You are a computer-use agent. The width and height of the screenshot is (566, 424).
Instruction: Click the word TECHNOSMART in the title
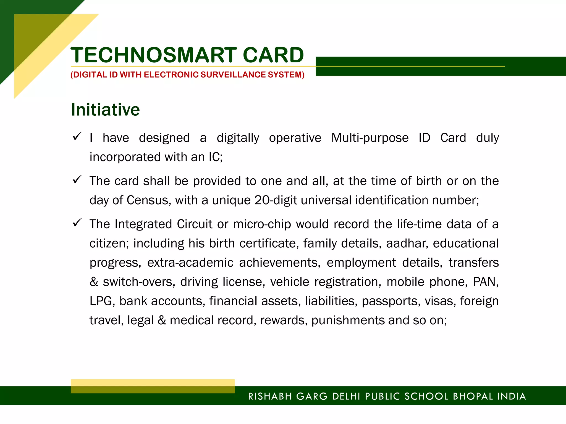(154, 55)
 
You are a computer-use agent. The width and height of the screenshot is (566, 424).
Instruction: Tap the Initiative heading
(105, 110)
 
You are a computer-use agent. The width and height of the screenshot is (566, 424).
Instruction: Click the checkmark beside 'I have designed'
(77, 136)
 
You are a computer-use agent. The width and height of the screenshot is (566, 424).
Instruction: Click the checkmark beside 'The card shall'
(77, 179)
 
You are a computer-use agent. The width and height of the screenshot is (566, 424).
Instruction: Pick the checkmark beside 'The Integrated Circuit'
(77, 222)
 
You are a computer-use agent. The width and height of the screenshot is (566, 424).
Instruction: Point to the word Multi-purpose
(370, 138)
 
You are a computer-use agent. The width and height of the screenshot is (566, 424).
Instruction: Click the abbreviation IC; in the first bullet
(216, 157)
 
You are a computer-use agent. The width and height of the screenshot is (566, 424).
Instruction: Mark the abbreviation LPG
(101, 301)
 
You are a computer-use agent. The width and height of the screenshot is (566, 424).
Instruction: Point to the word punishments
(348, 320)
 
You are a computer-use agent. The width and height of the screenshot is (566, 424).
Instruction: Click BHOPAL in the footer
(473, 396)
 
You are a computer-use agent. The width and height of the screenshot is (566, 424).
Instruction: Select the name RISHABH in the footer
(270, 396)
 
